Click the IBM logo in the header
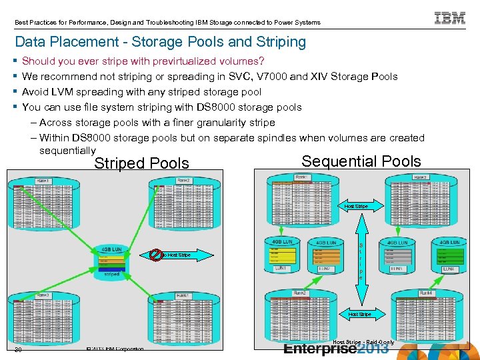[450, 18]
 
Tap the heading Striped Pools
[141, 163]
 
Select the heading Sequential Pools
[361, 161]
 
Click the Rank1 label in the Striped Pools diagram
[43, 181]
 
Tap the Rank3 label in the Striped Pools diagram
[43, 295]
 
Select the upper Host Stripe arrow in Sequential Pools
[355, 207]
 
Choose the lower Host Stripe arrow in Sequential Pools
[359, 314]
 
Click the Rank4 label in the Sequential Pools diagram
[425, 293]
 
